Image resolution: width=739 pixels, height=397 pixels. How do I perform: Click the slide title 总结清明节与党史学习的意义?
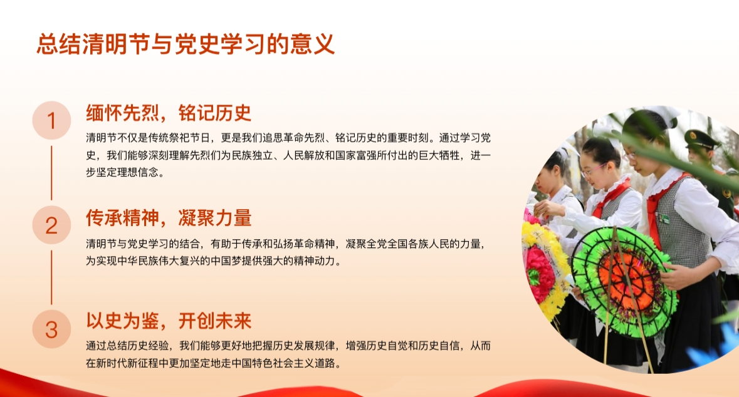186,44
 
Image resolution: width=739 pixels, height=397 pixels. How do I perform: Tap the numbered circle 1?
51,121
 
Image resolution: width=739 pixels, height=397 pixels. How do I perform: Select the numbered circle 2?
51,225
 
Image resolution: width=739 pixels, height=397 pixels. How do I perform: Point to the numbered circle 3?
51,329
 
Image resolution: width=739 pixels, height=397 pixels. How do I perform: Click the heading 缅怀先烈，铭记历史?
168,113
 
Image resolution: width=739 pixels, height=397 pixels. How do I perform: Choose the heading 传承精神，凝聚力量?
168,218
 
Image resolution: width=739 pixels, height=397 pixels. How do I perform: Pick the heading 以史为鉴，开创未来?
168,321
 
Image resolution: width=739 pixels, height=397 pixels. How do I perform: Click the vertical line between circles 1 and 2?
51,173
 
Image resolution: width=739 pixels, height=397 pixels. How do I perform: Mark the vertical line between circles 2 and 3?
51,277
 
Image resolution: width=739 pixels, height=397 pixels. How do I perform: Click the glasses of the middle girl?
593,170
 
